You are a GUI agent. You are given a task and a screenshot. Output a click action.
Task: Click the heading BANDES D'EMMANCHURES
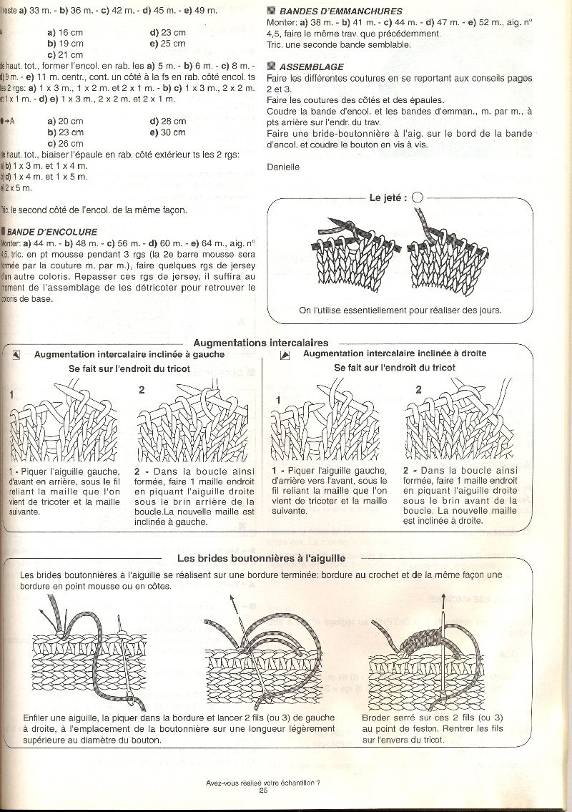pyautogui.click(x=340, y=11)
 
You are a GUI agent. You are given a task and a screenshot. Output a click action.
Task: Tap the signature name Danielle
pyautogui.click(x=282, y=167)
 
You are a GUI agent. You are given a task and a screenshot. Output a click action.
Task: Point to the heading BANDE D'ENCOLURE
pyautogui.click(x=52, y=232)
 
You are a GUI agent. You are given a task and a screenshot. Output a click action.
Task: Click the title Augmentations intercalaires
pyautogui.click(x=261, y=343)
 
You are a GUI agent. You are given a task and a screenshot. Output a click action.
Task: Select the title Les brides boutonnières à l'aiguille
pyautogui.click(x=261, y=558)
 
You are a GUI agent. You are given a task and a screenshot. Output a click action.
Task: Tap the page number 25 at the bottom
pyautogui.click(x=263, y=790)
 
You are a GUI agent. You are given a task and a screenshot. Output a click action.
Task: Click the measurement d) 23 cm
pyautogui.click(x=168, y=33)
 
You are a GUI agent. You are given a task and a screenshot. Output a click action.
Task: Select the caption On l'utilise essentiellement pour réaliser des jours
pyautogui.click(x=400, y=310)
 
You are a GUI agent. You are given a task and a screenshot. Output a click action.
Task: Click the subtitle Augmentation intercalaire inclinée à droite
pyautogui.click(x=395, y=353)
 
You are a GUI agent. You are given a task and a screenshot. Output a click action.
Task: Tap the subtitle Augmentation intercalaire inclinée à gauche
pyautogui.click(x=129, y=354)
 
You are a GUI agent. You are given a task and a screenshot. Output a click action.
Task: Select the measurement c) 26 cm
pyautogui.click(x=65, y=143)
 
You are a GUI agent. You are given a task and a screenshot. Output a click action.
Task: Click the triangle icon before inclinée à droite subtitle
pyautogui.click(x=285, y=354)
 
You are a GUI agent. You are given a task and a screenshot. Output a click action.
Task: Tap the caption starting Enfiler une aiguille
pyautogui.click(x=179, y=729)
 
